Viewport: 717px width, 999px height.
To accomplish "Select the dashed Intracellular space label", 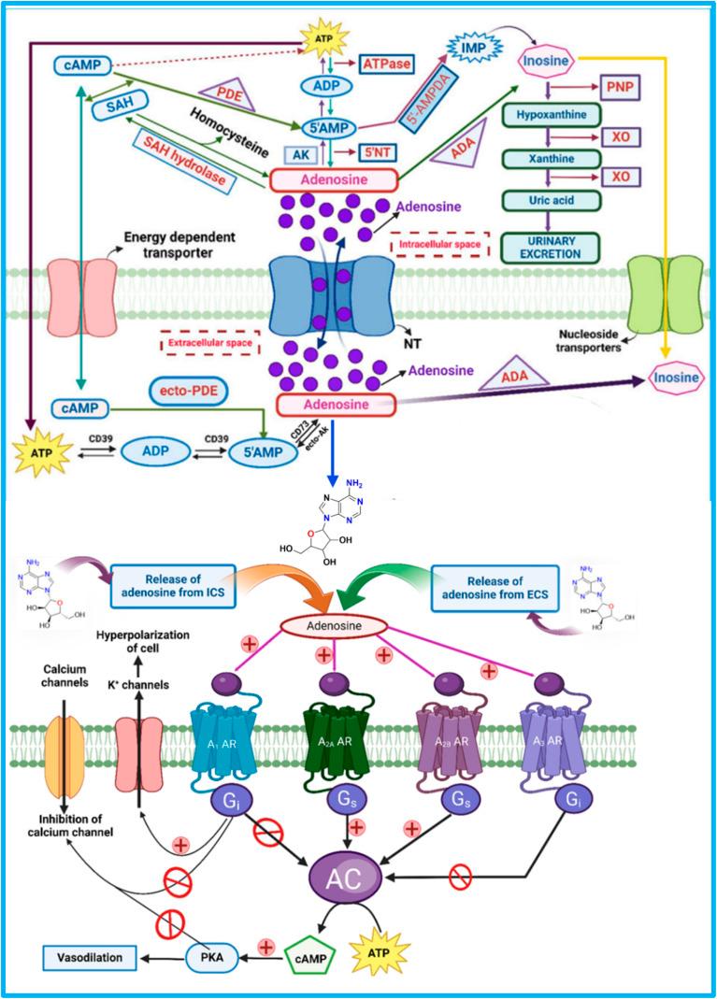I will coord(439,244).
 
